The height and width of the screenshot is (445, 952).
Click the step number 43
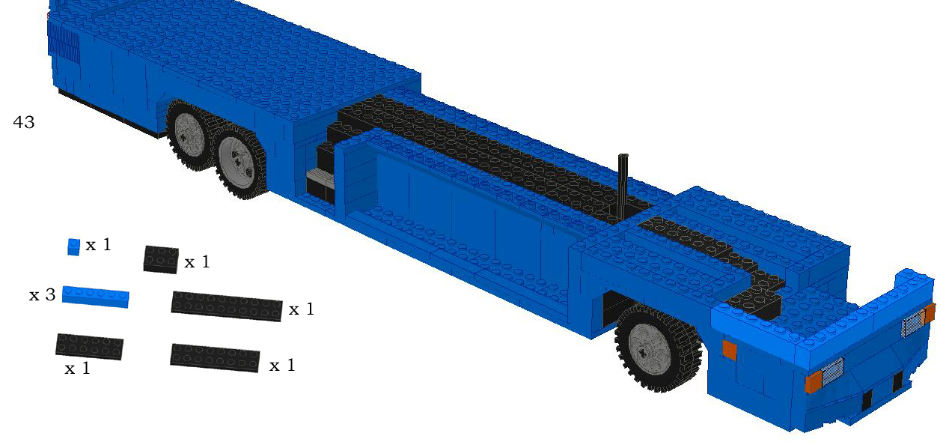24,122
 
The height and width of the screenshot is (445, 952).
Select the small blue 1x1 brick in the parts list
73,246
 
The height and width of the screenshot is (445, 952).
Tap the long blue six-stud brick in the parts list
95,296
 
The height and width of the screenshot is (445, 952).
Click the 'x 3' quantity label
42,295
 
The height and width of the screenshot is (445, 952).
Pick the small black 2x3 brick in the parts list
161,259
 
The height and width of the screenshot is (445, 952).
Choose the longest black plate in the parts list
227,306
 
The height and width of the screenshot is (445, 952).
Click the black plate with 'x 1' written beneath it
89,346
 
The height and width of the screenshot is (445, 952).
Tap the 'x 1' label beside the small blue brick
98,245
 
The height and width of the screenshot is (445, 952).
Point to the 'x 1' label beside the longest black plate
301,309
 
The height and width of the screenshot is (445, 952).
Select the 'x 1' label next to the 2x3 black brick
197,262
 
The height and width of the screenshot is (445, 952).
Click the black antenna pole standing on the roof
623,187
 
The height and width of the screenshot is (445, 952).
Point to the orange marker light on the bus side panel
729,350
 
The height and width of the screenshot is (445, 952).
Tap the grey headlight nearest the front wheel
833,369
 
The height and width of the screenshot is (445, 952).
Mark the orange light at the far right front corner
930,313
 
